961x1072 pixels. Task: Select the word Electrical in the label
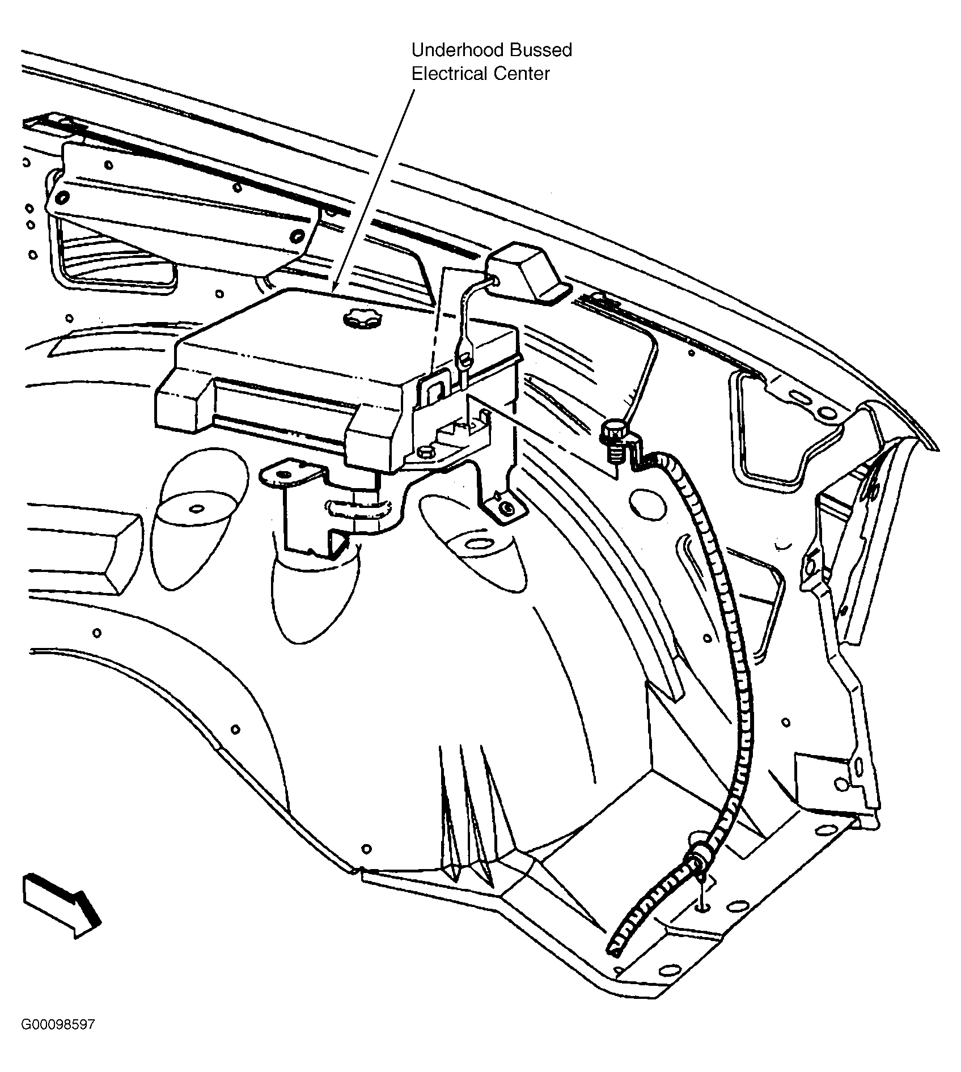tap(447, 74)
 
